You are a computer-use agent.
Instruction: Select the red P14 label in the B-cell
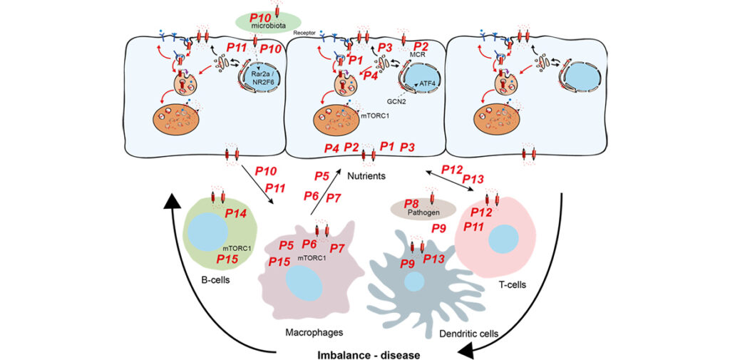coord(235,212)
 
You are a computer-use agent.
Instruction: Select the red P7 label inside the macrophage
coord(337,248)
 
